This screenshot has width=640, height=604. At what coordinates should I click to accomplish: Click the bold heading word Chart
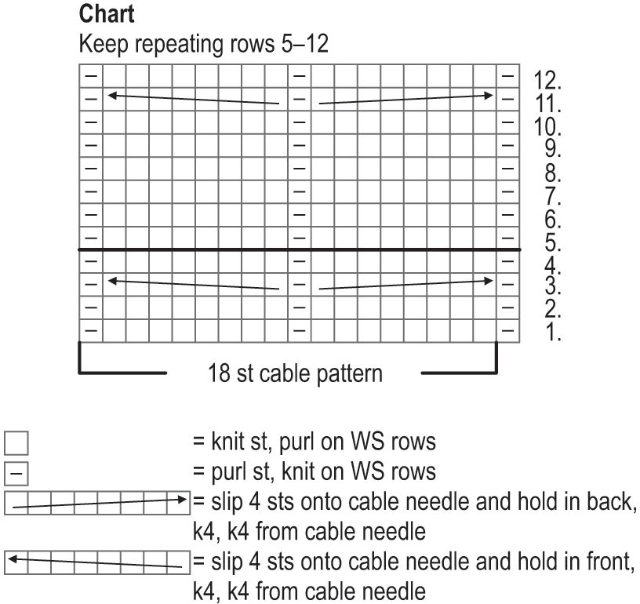[x=107, y=15]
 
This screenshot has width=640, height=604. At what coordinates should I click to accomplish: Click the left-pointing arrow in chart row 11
[x=193, y=99]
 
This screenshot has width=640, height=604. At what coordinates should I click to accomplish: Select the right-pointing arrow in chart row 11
[x=405, y=99]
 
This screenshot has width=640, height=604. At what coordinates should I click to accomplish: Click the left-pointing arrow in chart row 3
[x=193, y=284]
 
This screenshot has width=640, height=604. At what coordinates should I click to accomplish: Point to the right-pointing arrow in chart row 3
[x=405, y=284]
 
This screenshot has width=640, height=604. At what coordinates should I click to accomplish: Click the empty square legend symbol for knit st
[x=16, y=444]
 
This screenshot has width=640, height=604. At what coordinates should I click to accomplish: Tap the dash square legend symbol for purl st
[x=16, y=473]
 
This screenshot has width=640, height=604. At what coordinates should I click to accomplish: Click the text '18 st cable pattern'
[x=295, y=372]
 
